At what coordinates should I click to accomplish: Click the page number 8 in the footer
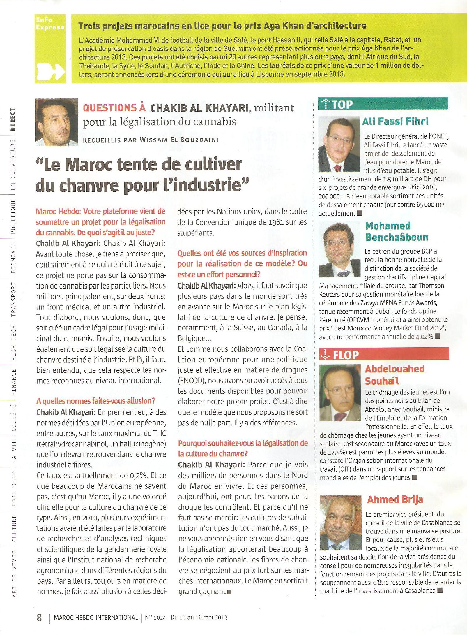point(39,617)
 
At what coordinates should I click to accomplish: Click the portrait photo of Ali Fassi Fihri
point(339,145)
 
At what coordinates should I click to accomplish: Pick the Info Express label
point(50,24)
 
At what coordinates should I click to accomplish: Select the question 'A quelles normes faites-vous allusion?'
point(96,401)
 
